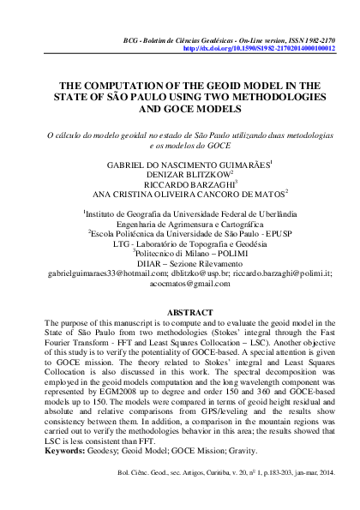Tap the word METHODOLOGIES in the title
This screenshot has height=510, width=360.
coord(259,99)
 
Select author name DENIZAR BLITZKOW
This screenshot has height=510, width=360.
coord(179,173)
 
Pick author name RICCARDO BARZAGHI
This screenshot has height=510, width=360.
coord(179,183)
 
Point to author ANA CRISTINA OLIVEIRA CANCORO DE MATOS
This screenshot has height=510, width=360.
coord(179,194)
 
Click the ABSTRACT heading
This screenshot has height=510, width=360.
coord(179,311)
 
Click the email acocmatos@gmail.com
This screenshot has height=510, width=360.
coord(179,283)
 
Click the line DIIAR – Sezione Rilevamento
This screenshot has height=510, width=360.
coord(179,261)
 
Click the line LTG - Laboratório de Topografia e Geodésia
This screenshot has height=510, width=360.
coord(179,242)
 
